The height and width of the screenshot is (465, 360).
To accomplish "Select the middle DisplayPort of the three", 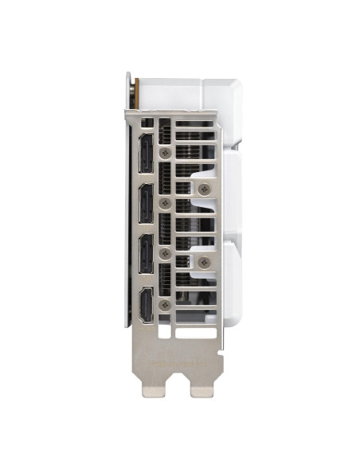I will coord(147,204).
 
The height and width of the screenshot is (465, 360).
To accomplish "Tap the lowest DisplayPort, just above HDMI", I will coord(147,253).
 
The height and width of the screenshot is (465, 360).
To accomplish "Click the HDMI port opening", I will coord(147,304).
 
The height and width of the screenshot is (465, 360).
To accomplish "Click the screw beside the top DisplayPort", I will coord(165,151).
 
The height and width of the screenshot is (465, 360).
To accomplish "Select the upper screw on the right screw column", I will coord(204,188).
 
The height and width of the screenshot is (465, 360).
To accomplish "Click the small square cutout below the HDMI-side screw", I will coord(165,320).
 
